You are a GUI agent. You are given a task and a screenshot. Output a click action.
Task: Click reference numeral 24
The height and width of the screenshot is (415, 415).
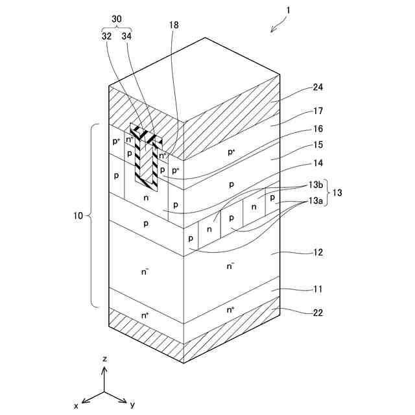317,87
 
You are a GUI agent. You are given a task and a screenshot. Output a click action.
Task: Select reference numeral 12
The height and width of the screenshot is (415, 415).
317,252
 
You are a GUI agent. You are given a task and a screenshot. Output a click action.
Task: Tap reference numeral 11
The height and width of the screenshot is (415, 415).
317,289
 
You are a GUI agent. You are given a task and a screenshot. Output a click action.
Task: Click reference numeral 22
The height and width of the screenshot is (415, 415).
318,313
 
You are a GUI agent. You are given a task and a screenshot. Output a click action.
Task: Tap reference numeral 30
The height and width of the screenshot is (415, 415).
116,19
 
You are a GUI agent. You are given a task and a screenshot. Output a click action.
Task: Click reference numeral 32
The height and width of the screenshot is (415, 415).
106,37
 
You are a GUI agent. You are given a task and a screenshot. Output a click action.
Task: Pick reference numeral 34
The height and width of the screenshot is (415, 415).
126,37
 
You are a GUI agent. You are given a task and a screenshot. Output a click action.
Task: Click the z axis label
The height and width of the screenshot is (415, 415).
105,359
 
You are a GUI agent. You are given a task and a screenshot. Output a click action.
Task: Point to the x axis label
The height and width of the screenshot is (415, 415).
76,405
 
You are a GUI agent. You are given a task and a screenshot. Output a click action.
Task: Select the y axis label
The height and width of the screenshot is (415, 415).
132,405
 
